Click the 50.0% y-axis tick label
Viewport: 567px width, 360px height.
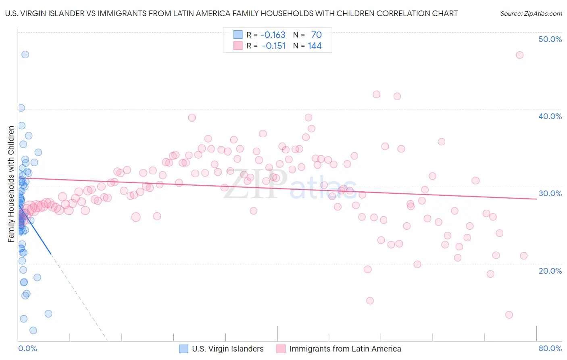tap(550, 39)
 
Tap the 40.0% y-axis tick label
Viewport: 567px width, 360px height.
tap(550, 116)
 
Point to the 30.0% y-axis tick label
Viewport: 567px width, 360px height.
tap(550, 193)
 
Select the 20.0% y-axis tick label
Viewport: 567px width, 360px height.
tap(550, 270)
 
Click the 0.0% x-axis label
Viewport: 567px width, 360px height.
tap(27, 348)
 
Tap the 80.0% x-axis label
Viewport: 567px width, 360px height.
tap(550, 348)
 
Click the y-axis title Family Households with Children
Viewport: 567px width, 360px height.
tap(11, 184)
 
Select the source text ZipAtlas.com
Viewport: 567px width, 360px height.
tap(531, 14)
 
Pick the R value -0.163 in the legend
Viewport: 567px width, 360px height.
tap(273, 35)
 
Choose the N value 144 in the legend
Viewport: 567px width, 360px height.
tap(315, 46)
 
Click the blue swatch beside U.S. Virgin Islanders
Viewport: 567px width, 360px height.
tap(184, 349)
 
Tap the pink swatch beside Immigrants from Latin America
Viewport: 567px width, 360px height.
tap(281, 349)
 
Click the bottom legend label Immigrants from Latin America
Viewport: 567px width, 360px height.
tap(345, 349)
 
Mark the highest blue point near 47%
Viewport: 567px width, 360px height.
tap(25, 54)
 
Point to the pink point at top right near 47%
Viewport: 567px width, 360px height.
tap(519, 55)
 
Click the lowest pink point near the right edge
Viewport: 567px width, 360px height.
tap(509, 315)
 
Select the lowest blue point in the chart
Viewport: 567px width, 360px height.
tap(33, 331)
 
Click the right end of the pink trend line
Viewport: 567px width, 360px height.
tap(536, 199)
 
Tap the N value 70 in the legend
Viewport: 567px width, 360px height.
tap(316, 35)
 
